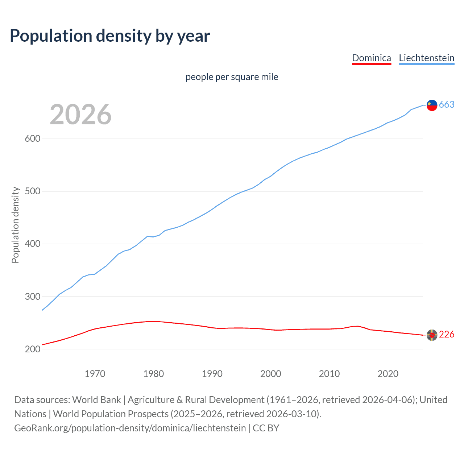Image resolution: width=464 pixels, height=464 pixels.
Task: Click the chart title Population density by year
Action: pyautogui.click(x=110, y=36)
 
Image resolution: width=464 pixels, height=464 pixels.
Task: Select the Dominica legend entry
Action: pyautogui.click(x=372, y=58)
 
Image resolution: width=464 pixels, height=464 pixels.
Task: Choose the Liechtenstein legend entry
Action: pyautogui.click(x=426, y=58)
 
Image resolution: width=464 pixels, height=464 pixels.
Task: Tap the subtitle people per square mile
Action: pyautogui.click(x=232, y=77)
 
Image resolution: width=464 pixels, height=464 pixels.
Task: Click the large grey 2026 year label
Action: pyautogui.click(x=80, y=115)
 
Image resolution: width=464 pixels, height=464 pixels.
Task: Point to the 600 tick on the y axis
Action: pyautogui.click(x=32, y=139)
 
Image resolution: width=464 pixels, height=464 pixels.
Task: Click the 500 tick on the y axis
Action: pyautogui.click(x=32, y=191)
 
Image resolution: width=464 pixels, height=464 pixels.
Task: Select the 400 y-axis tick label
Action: pyautogui.click(x=32, y=244)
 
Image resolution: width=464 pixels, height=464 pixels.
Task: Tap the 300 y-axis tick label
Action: pyautogui.click(x=32, y=297)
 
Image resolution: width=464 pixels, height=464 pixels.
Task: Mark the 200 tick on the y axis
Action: pyautogui.click(x=32, y=349)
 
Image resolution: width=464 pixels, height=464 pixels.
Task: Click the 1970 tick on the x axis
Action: pyautogui.click(x=95, y=374)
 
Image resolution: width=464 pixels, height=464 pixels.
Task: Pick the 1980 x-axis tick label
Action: pyautogui.click(x=154, y=374)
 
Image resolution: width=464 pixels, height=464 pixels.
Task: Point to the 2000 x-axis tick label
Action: pyautogui.click(x=271, y=374)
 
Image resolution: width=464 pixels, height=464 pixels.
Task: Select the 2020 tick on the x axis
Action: pyautogui.click(x=388, y=374)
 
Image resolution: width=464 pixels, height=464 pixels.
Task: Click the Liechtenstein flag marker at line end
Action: pyautogui.click(x=432, y=105)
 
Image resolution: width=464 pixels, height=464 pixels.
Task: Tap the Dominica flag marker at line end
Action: pyautogui.click(x=432, y=335)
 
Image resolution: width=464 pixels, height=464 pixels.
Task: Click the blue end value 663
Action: pyautogui.click(x=447, y=105)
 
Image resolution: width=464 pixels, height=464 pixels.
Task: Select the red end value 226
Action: pyautogui.click(x=447, y=335)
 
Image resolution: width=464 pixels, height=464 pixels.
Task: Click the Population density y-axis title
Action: pyautogui.click(x=15, y=225)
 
